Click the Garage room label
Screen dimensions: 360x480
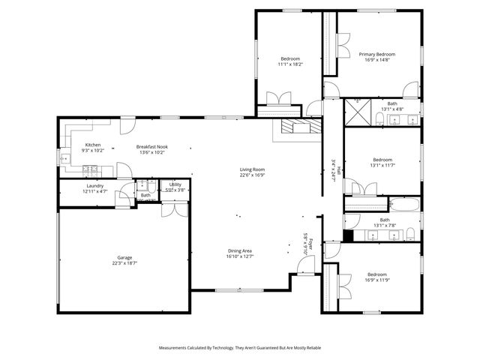[x=124, y=257]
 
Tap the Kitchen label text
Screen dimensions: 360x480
[x=92, y=145]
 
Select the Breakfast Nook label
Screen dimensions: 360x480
[x=151, y=146]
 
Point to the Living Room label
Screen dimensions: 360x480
[x=252, y=169]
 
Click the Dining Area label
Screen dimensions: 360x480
[x=240, y=250]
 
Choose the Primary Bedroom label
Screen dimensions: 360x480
[x=376, y=54]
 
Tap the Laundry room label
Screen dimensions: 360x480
[x=94, y=186]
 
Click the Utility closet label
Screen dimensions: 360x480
[x=175, y=184]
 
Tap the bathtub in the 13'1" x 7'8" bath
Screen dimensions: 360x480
[x=405, y=204]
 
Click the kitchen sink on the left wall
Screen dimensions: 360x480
[x=65, y=157]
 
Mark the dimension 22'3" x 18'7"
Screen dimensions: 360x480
[x=124, y=263]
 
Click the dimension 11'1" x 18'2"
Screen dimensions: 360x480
[x=289, y=64]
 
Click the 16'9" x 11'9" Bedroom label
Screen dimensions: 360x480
[x=376, y=274]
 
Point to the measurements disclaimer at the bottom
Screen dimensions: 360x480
[x=240, y=348]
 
